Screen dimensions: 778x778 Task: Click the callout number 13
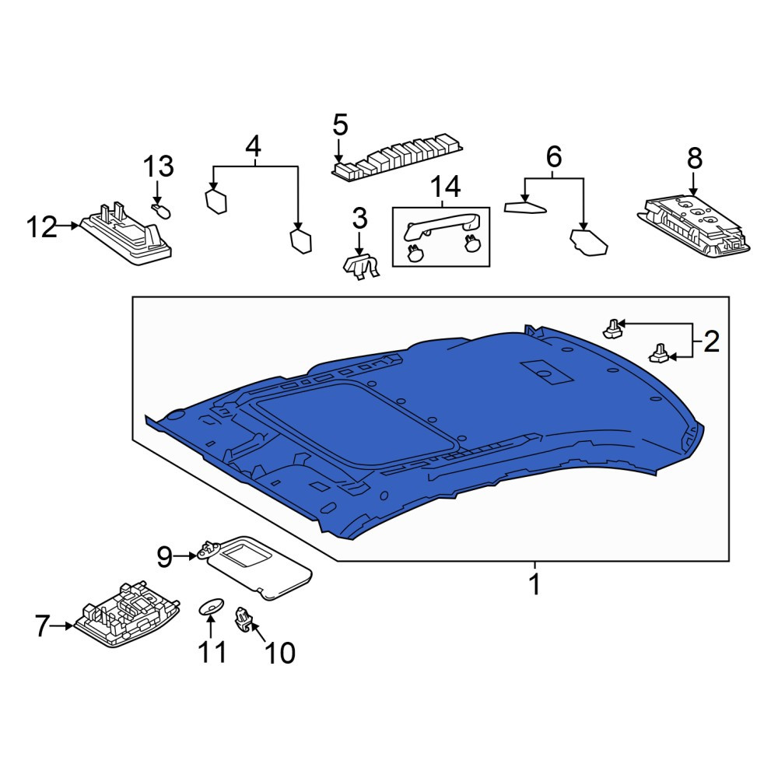(x=158, y=166)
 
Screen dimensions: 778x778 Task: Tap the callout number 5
(x=341, y=124)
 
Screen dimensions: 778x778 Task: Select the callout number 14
(x=445, y=187)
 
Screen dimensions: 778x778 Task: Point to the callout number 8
(x=695, y=158)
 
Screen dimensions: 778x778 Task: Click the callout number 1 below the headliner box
(x=535, y=584)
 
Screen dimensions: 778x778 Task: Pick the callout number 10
(x=280, y=653)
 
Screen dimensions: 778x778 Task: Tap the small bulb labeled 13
(x=161, y=212)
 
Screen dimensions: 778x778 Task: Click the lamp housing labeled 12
(x=126, y=233)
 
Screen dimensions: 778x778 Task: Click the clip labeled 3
(x=361, y=267)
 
